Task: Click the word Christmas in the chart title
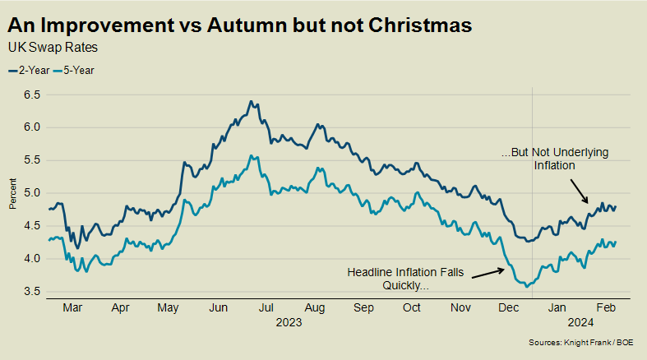417,25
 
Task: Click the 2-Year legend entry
29,70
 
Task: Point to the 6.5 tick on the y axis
32,95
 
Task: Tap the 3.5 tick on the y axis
32,292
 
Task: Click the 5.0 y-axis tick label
32,193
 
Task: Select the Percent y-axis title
14,193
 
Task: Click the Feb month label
606,310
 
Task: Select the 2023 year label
289,324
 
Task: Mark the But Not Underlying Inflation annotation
543,159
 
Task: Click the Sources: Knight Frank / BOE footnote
588,342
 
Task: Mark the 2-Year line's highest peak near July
250,102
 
